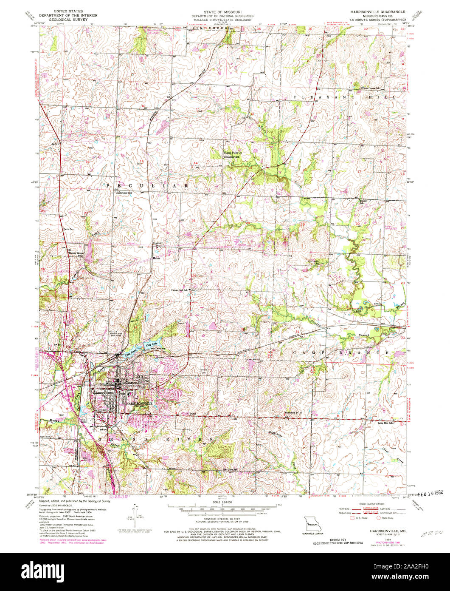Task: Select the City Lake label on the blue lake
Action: [x=151, y=344]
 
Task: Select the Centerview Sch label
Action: [x=124, y=193]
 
